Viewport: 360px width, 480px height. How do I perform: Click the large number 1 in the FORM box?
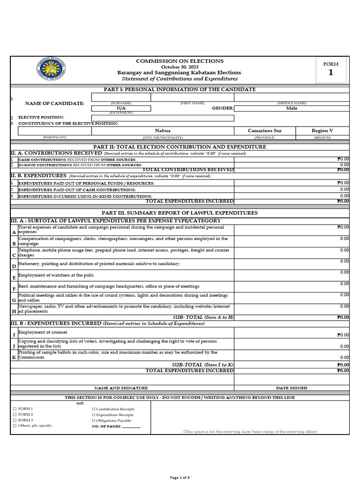(330, 72)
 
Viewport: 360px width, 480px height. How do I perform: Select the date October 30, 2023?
(180, 67)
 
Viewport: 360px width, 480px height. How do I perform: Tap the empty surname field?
(121, 97)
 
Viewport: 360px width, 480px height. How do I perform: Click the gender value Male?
(292, 108)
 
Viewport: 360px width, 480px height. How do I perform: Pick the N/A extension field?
(121, 108)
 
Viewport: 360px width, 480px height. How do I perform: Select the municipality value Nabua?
(163, 131)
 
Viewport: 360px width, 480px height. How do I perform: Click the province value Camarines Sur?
(265, 131)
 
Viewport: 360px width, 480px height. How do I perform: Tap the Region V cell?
(322, 131)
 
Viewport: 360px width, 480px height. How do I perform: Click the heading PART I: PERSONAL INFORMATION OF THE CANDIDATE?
(180, 89)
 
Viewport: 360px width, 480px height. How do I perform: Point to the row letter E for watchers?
(14, 278)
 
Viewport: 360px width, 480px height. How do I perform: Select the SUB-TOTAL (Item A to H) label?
(202, 317)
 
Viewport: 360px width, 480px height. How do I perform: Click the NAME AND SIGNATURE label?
(121, 388)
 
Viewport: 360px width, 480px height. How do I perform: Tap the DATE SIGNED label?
(292, 388)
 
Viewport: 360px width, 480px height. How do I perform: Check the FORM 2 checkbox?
(15, 415)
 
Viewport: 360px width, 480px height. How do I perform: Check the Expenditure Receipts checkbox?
(93, 415)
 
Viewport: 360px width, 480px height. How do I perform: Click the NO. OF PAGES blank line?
(131, 426)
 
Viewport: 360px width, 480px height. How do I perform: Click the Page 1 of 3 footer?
(180, 477)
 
